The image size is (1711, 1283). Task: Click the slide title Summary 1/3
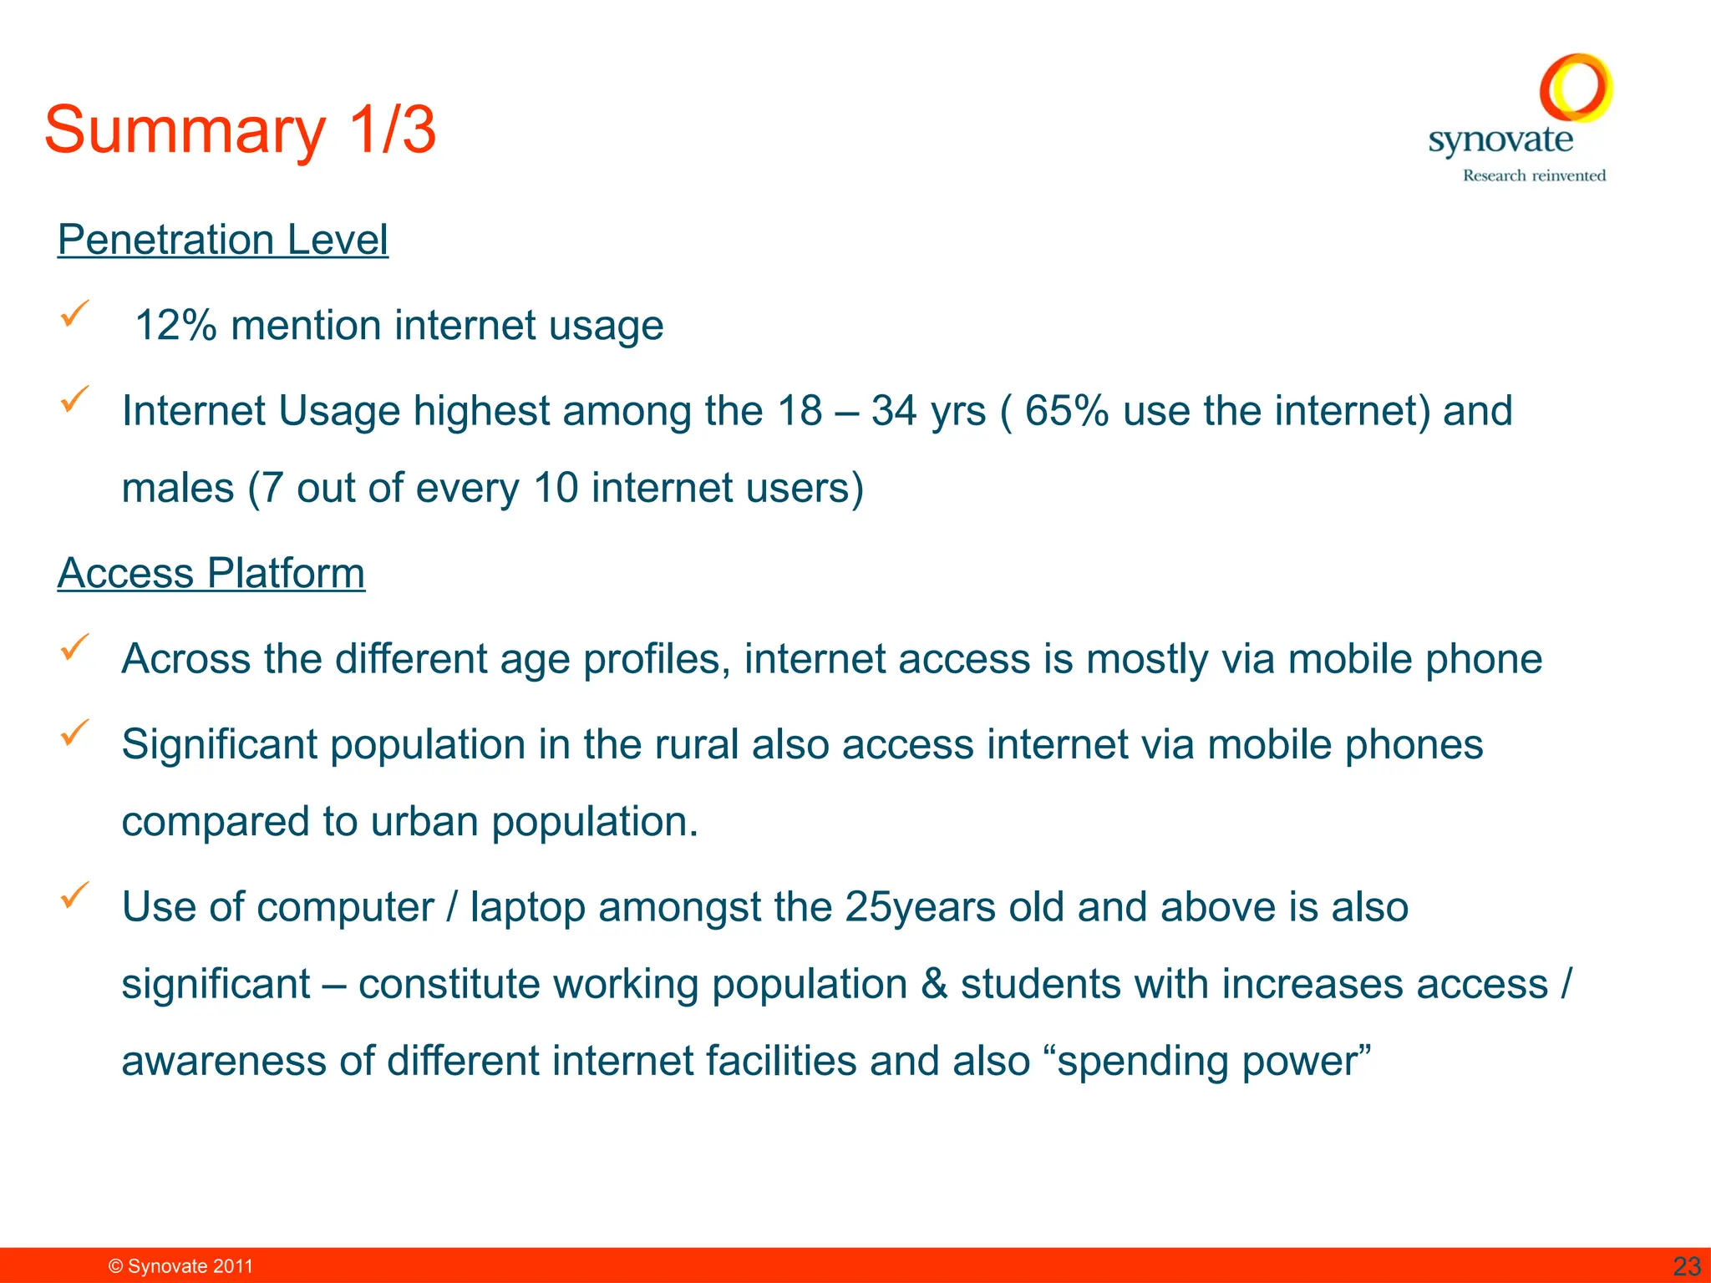(x=240, y=130)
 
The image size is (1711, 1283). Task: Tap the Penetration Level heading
(x=222, y=241)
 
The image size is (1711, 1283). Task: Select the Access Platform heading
(x=211, y=574)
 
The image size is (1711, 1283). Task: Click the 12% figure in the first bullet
(x=175, y=326)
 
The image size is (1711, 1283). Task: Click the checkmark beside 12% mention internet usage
(x=74, y=314)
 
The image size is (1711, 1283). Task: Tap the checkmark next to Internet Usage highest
(x=74, y=399)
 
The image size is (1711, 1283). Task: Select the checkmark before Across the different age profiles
(x=74, y=647)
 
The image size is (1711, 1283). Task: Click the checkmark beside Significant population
(x=74, y=733)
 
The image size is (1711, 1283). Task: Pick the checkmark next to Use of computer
(x=74, y=895)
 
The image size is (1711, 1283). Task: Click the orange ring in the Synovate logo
(x=1576, y=87)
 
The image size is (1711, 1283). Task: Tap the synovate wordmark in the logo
(x=1500, y=140)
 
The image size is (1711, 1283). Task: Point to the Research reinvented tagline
(x=1534, y=175)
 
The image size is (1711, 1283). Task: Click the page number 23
(x=1687, y=1266)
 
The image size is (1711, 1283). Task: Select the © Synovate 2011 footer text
(x=180, y=1266)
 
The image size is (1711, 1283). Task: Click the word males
(x=178, y=488)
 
